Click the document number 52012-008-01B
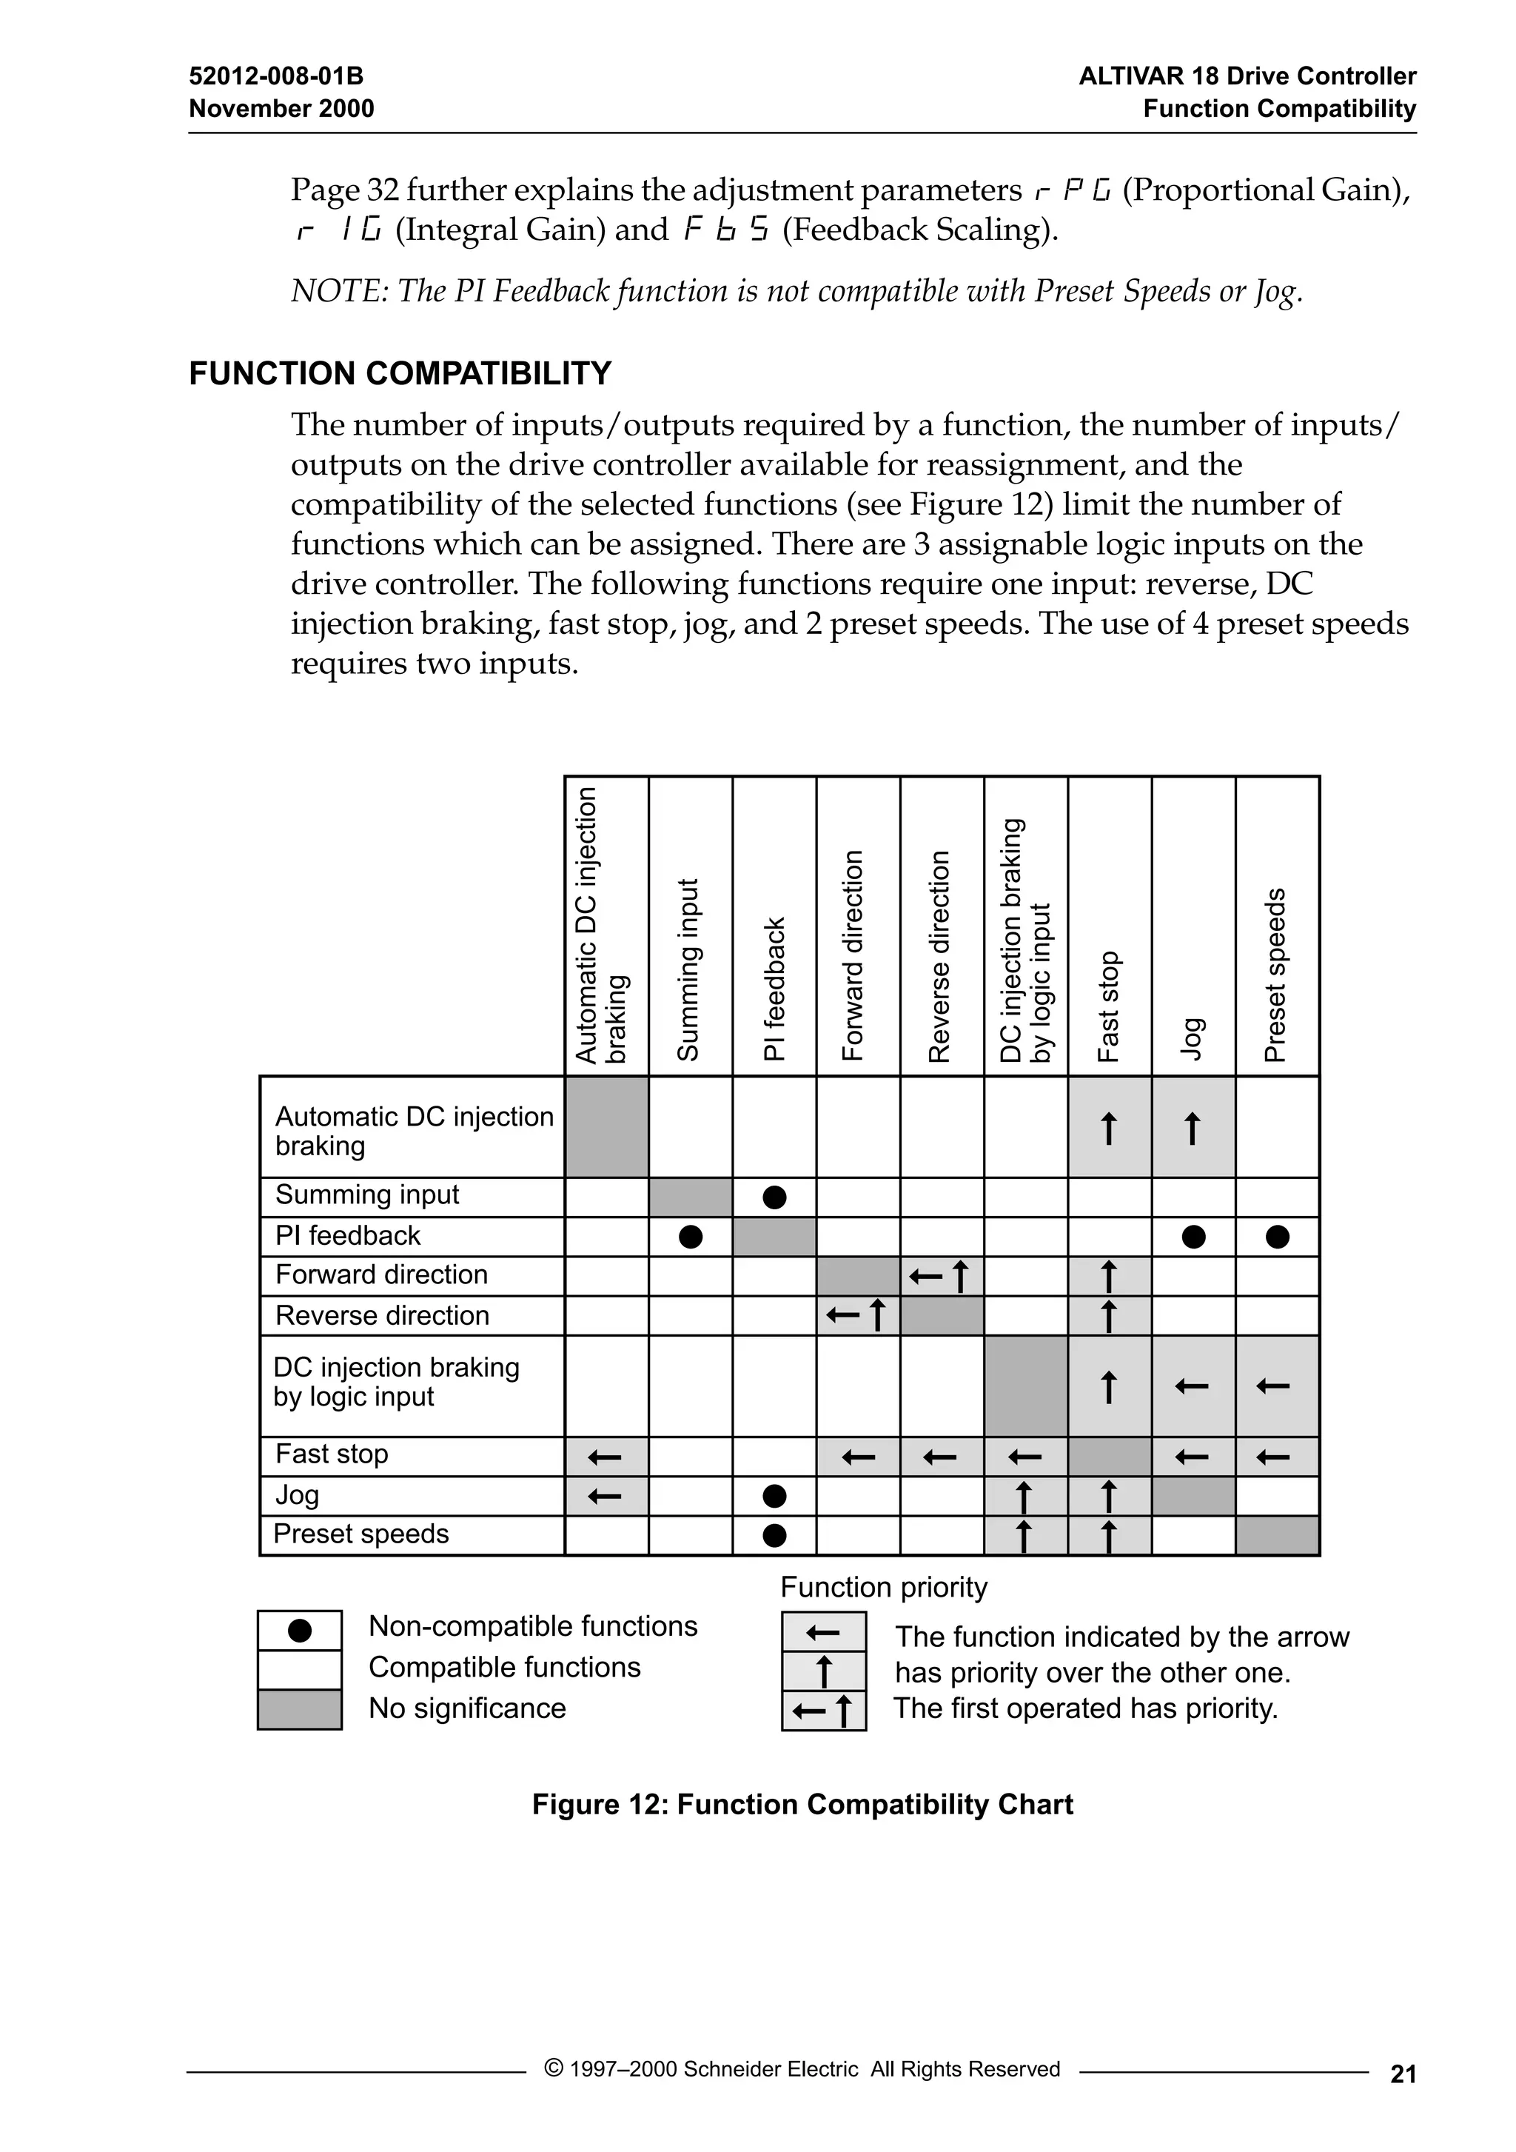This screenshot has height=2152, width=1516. coord(275,76)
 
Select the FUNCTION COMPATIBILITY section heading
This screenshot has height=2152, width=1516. coord(400,373)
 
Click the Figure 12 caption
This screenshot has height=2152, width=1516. coord(802,1804)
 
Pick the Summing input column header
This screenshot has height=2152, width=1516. coord(688,969)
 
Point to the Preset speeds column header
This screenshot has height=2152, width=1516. coord(1275,975)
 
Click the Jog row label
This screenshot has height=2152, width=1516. coord(297,1494)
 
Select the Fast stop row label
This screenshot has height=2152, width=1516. coord(332,1454)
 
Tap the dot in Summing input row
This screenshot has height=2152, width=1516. coord(774,1197)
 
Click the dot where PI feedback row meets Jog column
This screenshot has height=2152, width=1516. coord(1193,1237)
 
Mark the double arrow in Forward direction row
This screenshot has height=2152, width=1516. coord(941,1277)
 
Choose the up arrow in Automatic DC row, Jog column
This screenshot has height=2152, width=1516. coord(1193,1128)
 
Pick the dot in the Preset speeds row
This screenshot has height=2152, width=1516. coord(774,1535)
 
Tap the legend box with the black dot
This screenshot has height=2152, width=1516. coord(300,1631)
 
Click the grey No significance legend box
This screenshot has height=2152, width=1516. coord(300,1710)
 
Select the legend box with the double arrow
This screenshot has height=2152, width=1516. coord(824,1711)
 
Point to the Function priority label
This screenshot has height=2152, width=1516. coord(884,1587)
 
